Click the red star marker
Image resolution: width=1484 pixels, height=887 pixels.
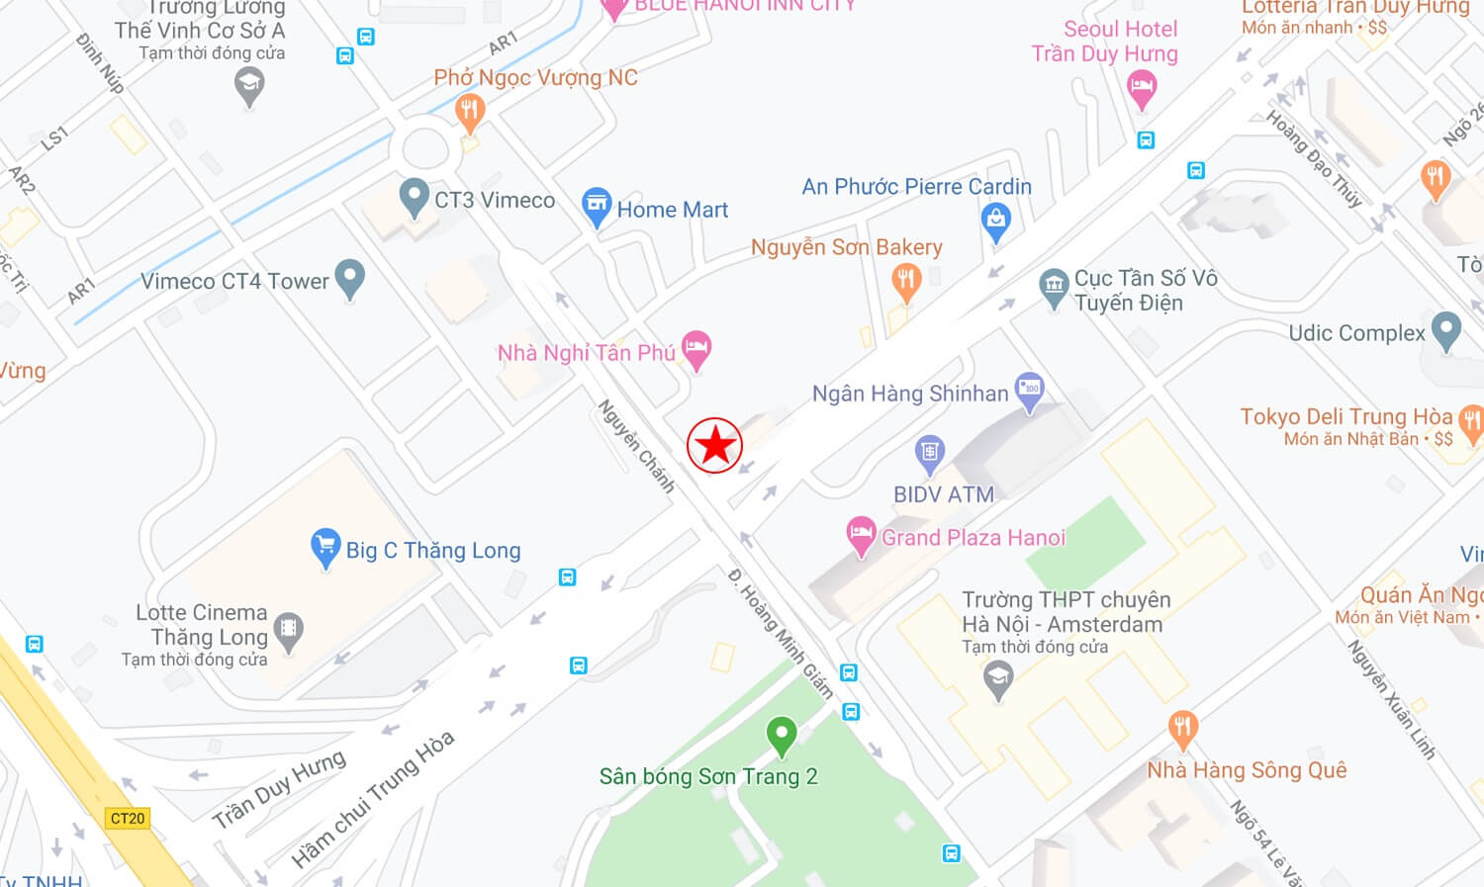714,445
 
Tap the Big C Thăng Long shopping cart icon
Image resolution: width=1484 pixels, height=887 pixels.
325,548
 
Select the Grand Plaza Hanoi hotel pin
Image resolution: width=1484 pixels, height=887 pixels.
861,536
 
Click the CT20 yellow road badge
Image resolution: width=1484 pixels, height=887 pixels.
128,818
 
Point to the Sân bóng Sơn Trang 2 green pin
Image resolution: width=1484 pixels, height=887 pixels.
782,736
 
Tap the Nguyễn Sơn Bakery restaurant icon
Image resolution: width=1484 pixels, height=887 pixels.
905,282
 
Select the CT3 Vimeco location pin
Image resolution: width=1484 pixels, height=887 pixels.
414,197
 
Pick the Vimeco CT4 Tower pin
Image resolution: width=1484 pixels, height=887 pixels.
349,278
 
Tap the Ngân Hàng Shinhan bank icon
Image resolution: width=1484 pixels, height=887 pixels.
1030,390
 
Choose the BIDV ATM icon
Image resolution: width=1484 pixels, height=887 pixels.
929,454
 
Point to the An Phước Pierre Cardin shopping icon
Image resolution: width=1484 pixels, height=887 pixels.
995,221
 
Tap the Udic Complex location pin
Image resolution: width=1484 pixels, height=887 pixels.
1445,330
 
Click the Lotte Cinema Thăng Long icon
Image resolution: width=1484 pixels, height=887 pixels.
288,630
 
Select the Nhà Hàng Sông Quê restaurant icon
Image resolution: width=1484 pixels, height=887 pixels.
1182,729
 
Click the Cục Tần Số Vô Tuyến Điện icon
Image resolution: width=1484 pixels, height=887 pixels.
1054,287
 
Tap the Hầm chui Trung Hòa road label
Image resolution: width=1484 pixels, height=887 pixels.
373,799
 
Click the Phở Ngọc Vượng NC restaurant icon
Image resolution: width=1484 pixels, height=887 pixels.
470,112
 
